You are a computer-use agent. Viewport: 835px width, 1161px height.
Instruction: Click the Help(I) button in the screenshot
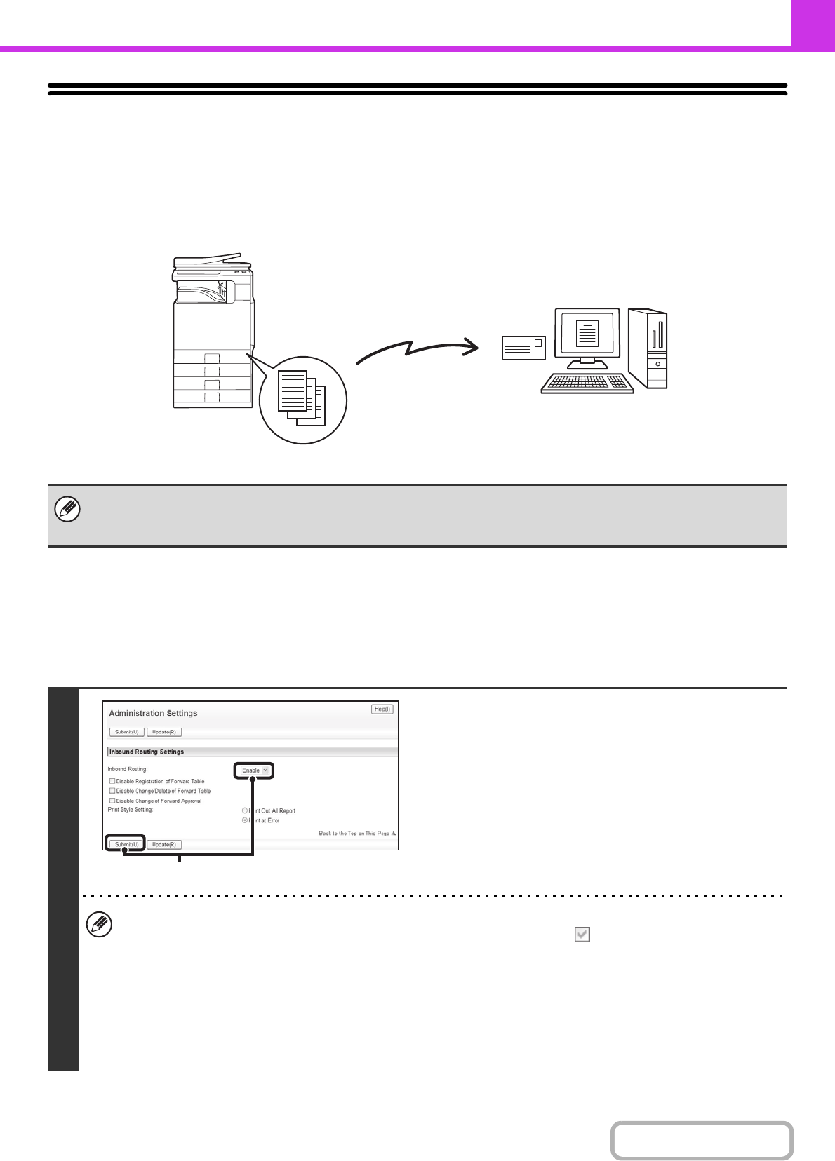click(x=382, y=709)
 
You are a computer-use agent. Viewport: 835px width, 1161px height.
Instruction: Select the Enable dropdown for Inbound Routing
click(x=253, y=770)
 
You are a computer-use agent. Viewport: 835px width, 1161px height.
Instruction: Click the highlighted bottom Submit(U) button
click(x=126, y=844)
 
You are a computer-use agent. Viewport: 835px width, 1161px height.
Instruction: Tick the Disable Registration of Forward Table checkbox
click(x=112, y=781)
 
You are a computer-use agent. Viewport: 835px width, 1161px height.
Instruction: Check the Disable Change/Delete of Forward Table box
click(x=112, y=791)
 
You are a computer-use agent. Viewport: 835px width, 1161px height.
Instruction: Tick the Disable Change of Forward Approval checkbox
click(x=112, y=801)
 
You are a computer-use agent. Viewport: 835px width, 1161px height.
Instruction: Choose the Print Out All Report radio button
click(x=245, y=810)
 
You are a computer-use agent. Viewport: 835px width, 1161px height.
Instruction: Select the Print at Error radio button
click(x=245, y=820)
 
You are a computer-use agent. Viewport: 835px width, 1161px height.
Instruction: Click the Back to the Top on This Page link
click(x=356, y=834)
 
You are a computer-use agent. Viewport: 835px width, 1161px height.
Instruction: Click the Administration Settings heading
click(x=153, y=713)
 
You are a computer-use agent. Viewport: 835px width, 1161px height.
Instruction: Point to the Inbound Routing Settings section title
click(x=147, y=752)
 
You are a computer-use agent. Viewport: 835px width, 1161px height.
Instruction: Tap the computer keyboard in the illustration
click(x=587, y=383)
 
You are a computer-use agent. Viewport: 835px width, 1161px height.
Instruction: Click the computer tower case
click(x=648, y=348)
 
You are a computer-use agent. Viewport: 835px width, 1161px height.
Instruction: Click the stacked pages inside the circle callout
click(x=302, y=398)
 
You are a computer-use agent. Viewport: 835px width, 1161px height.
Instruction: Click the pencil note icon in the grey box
click(x=67, y=510)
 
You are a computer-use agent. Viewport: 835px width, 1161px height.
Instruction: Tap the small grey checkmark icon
click(x=582, y=935)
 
